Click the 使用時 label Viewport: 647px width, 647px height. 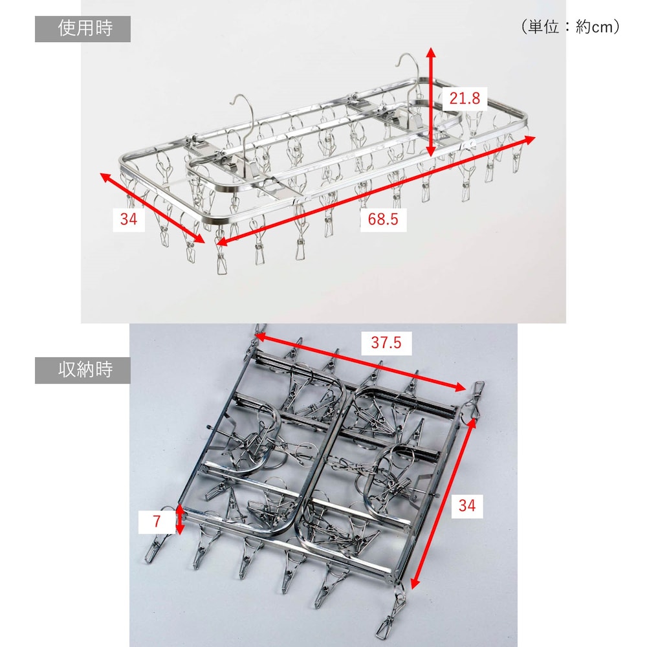pyautogui.click(x=85, y=28)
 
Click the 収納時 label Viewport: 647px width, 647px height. pyautogui.click(x=85, y=369)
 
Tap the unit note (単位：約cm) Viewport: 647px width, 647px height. pyautogui.click(x=571, y=27)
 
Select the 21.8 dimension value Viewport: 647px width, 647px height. pyautogui.click(x=465, y=98)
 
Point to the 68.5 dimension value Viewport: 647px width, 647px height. pyautogui.click(x=383, y=219)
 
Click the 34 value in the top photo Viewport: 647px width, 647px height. pyautogui.click(x=128, y=219)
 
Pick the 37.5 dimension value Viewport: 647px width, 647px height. pyautogui.click(x=386, y=342)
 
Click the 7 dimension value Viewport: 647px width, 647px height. pyautogui.click(x=157, y=521)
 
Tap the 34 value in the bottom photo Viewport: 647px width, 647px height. pyautogui.click(x=466, y=505)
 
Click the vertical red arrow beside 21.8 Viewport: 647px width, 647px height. pyautogui.click(x=431, y=102)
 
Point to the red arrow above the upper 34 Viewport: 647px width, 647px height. pyautogui.click(x=152, y=208)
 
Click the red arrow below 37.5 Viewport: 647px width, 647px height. pyautogui.click(x=360, y=362)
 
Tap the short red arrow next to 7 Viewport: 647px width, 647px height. pyautogui.click(x=179, y=519)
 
